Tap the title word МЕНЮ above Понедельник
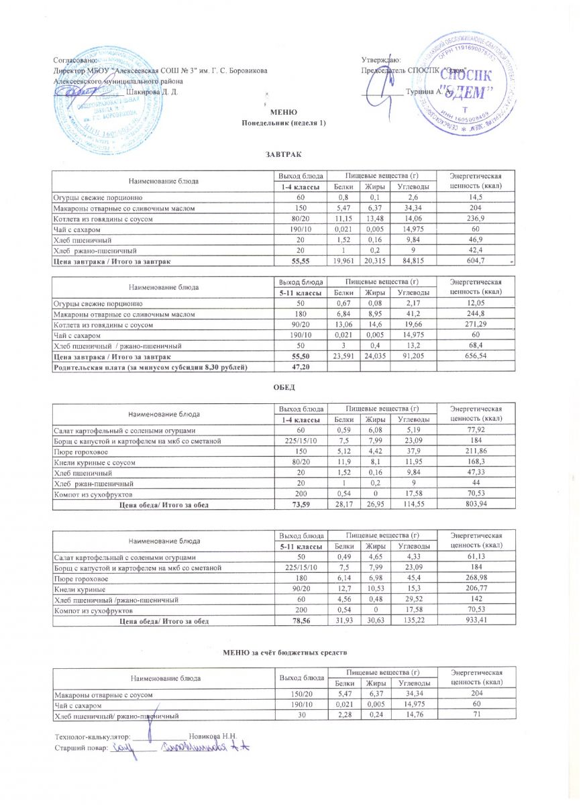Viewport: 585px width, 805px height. click(280, 112)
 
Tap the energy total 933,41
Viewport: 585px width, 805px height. click(476, 622)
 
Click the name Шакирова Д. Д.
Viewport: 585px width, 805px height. click(152, 91)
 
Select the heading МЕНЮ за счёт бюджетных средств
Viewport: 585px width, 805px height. click(284, 653)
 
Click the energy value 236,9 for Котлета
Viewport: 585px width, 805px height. click(476, 219)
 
